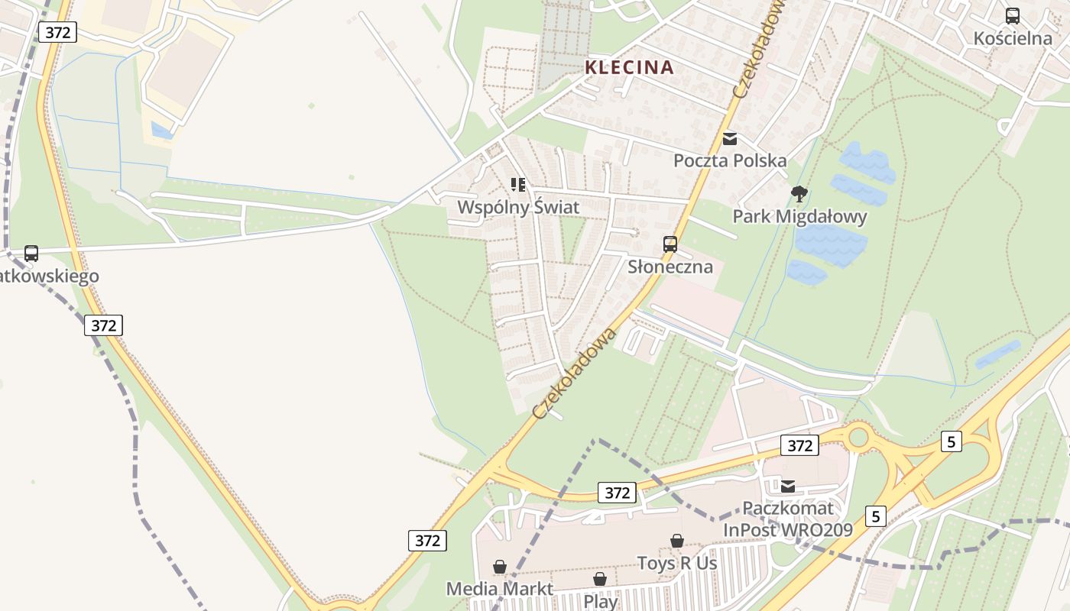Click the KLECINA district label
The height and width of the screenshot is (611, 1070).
click(629, 67)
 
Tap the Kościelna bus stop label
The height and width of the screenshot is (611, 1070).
click(1013, 38)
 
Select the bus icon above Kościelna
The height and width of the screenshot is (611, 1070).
click(1013, 15)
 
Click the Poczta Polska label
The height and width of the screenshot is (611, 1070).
click(730, 160)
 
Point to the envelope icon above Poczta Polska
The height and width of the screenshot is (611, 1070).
click(730, 139)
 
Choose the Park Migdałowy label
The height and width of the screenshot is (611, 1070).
click(799, 216)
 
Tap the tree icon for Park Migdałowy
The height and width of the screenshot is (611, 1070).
click(799, 194)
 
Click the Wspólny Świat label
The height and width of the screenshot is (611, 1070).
click(518, 207)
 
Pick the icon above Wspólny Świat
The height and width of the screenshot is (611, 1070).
click(518, 184)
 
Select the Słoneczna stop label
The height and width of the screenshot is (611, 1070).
click(670, 267)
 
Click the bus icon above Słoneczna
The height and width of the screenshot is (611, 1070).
click(670, 244)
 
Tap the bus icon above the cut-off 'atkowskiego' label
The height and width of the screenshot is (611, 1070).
click(31, 253)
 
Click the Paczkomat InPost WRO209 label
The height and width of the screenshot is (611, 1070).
click(788, 519)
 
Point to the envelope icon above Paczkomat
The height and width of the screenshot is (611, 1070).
click(788, 486)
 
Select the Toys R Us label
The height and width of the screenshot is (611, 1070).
click(677, 563)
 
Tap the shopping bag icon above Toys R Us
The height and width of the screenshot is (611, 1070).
click(677, 541)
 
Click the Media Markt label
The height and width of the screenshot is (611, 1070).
click(500, 589)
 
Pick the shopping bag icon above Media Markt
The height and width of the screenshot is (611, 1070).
click(500, 567)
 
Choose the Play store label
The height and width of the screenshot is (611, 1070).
click(601, 601)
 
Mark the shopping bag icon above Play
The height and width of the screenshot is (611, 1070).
click(601, 579)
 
